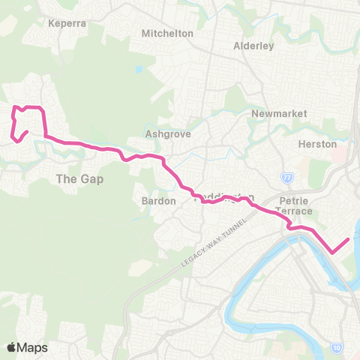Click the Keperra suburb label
pos(67,23)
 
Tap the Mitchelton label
pos(167,34)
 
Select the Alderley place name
pos(253,46)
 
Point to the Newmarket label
pos(270,113)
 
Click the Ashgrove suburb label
pos(167,134)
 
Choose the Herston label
pos(317,144)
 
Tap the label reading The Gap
pos(79,179)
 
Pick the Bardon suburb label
pos(158,201)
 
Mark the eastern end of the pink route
pos(349,239)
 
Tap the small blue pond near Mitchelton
pos(139,69)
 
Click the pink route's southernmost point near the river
pos(332,253)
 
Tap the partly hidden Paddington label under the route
pos(221,196)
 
